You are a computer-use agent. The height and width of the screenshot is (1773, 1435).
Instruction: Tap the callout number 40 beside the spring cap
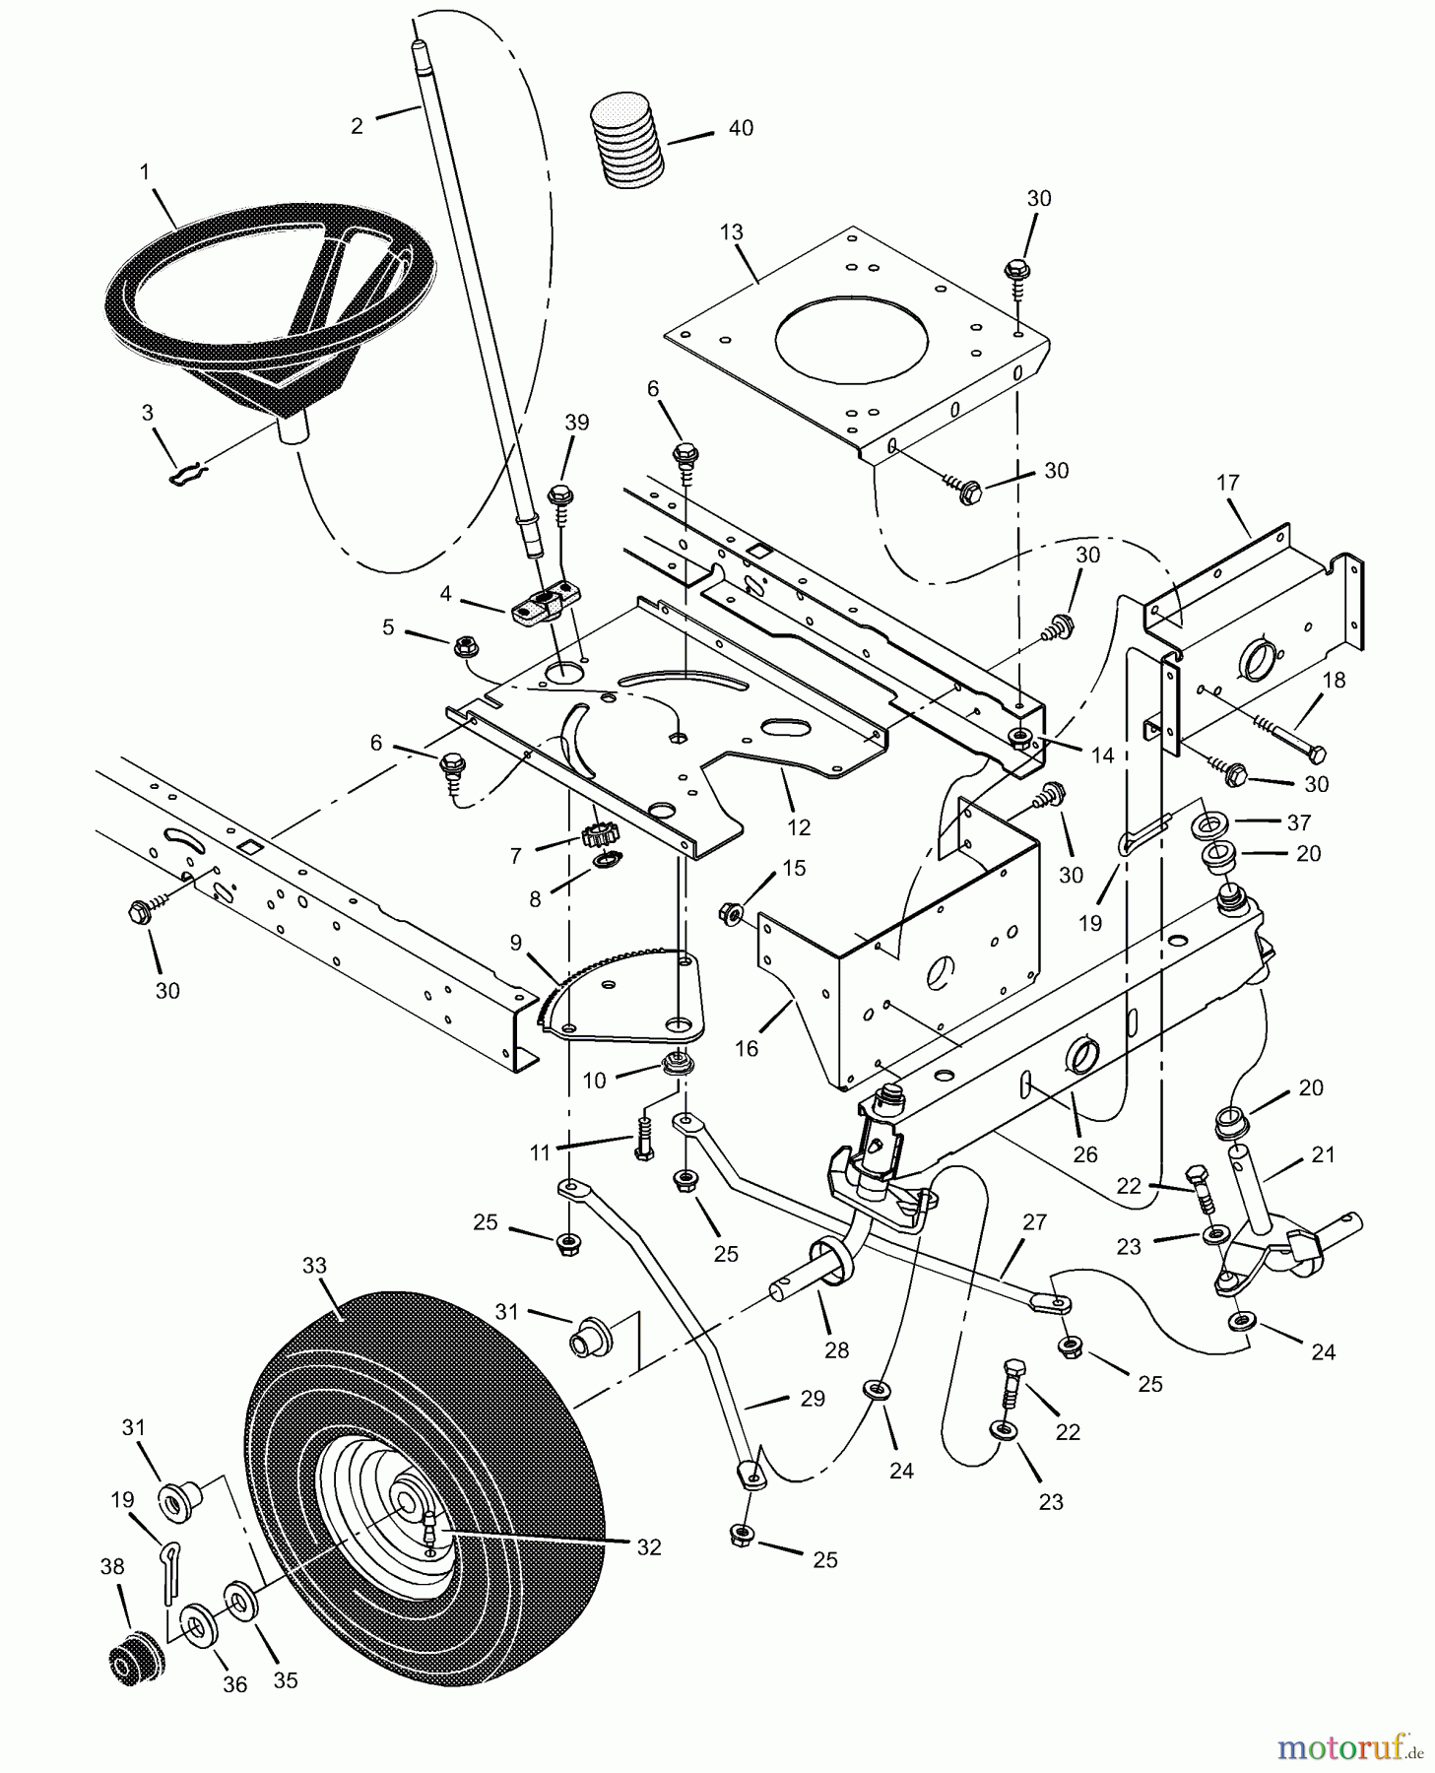click(740, 128)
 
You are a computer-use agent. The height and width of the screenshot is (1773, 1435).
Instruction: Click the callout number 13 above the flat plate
click(731, 232)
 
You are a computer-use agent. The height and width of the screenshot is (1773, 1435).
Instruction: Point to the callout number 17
click(1227, 484)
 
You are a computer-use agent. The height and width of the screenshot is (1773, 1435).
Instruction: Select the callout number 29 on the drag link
click(812, 1399)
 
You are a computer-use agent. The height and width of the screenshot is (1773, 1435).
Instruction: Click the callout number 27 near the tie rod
click(1033, 1222)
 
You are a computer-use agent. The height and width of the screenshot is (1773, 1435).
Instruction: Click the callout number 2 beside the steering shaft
click(357, 126)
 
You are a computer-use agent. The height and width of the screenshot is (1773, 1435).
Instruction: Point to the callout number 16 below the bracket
click(747, 1048)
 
